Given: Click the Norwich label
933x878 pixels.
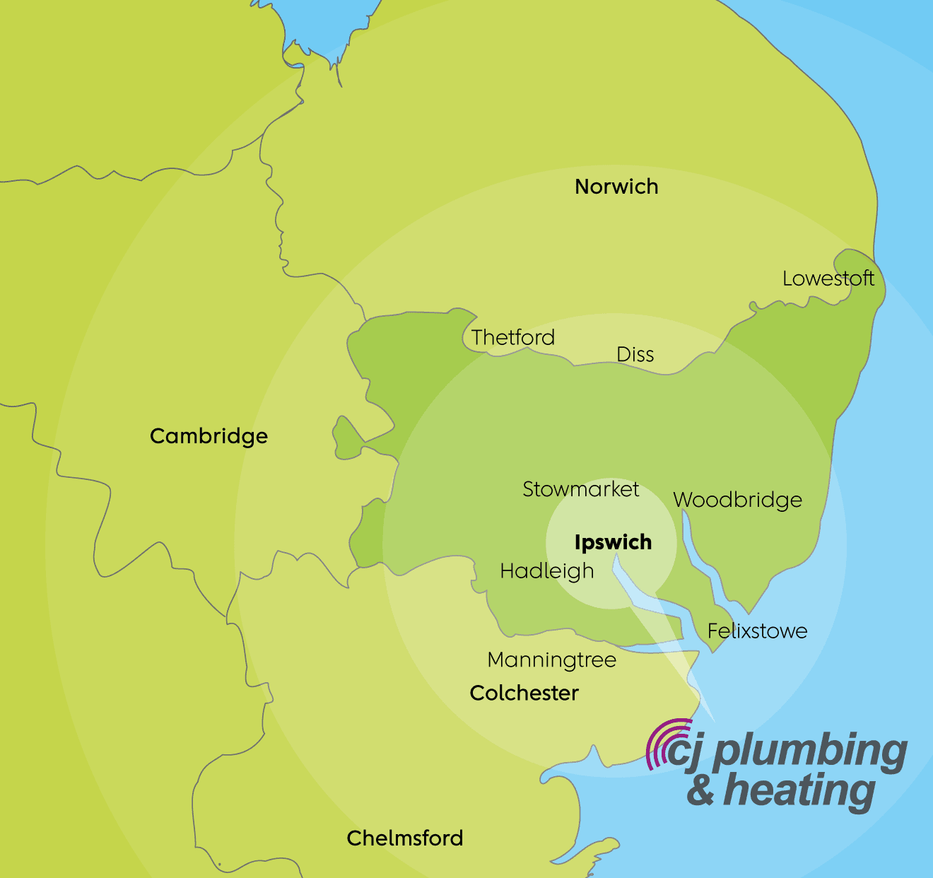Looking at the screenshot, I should (x=616, y=187).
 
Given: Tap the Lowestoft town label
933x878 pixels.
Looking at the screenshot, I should (x=828, y=279).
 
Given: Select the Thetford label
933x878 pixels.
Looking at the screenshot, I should (x=513, y=337).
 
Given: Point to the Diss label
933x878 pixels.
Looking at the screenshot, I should (x=635, y=354).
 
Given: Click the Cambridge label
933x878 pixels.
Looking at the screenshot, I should (x=209, y=436).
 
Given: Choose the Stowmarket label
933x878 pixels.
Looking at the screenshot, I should (x=580, y=489).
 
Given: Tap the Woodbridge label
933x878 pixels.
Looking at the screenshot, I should (x=737, y=500).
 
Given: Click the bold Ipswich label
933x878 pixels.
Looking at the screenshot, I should (x=613, y=542).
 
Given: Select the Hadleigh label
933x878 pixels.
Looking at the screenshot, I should (x=547, y=571).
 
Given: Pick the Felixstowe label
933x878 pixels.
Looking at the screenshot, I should (x=757, y=631).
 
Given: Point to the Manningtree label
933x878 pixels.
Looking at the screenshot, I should (x=551, y=660).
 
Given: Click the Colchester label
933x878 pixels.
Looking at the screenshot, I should (x=524, y=693).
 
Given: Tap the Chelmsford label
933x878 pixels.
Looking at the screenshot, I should (x=405, y=838).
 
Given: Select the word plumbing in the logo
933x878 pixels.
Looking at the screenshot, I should (x=809, y=752).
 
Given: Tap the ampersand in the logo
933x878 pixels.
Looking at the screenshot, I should (x=700, y=790).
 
